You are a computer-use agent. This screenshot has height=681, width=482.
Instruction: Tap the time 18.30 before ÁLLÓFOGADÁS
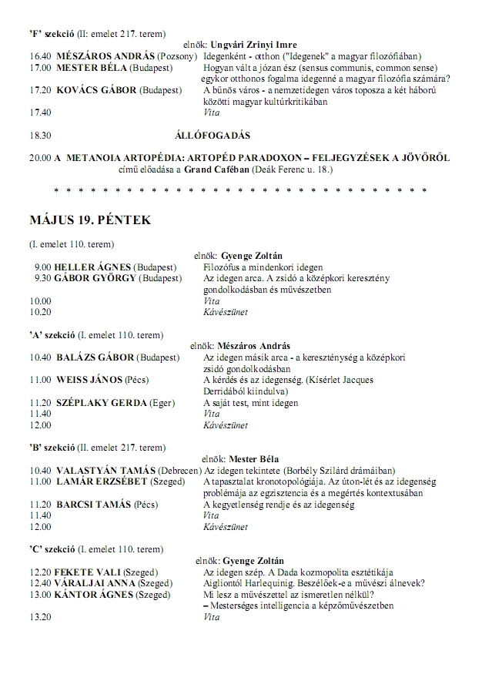coord(40,135)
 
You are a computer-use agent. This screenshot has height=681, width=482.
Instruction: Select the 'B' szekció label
coord(52,447)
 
